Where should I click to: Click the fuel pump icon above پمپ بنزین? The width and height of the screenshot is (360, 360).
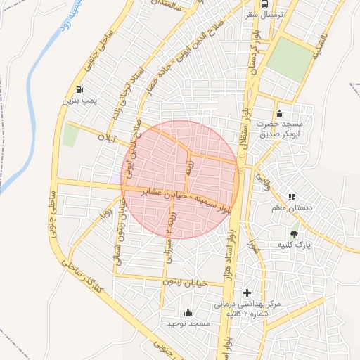tap(79, 90)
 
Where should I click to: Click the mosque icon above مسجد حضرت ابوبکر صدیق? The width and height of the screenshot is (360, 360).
tap(280, 114)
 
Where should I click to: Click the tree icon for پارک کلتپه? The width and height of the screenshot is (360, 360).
tap(293, 233)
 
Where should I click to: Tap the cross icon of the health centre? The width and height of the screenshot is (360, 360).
tap(246, 292)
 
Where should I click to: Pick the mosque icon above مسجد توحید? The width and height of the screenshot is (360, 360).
tap(188, 312)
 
